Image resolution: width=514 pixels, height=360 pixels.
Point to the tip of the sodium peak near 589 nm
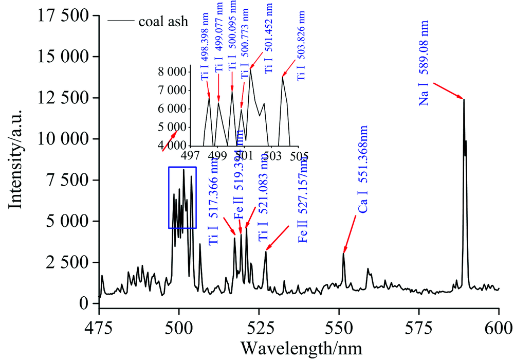click(464, 99)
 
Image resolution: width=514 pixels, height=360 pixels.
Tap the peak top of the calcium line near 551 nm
click(343, 254)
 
